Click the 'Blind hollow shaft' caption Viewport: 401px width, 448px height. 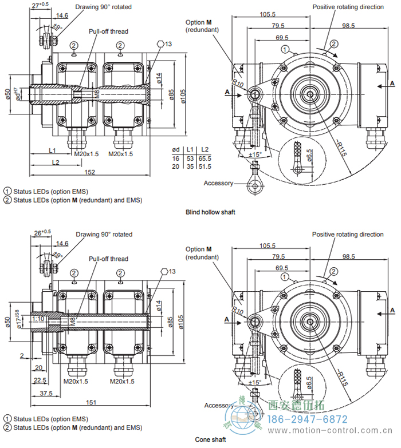point(210,212)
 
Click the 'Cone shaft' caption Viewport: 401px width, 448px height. point(210,439)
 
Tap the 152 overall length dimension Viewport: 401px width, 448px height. point(89,173)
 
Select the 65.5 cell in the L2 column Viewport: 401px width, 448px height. point(205,158)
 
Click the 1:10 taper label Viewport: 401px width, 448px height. point(38,318)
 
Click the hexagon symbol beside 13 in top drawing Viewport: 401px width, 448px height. point(159,43)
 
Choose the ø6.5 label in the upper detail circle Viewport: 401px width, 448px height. point(310,156)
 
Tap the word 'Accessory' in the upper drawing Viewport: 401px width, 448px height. point(218,183)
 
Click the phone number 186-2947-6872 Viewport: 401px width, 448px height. point(321,419)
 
